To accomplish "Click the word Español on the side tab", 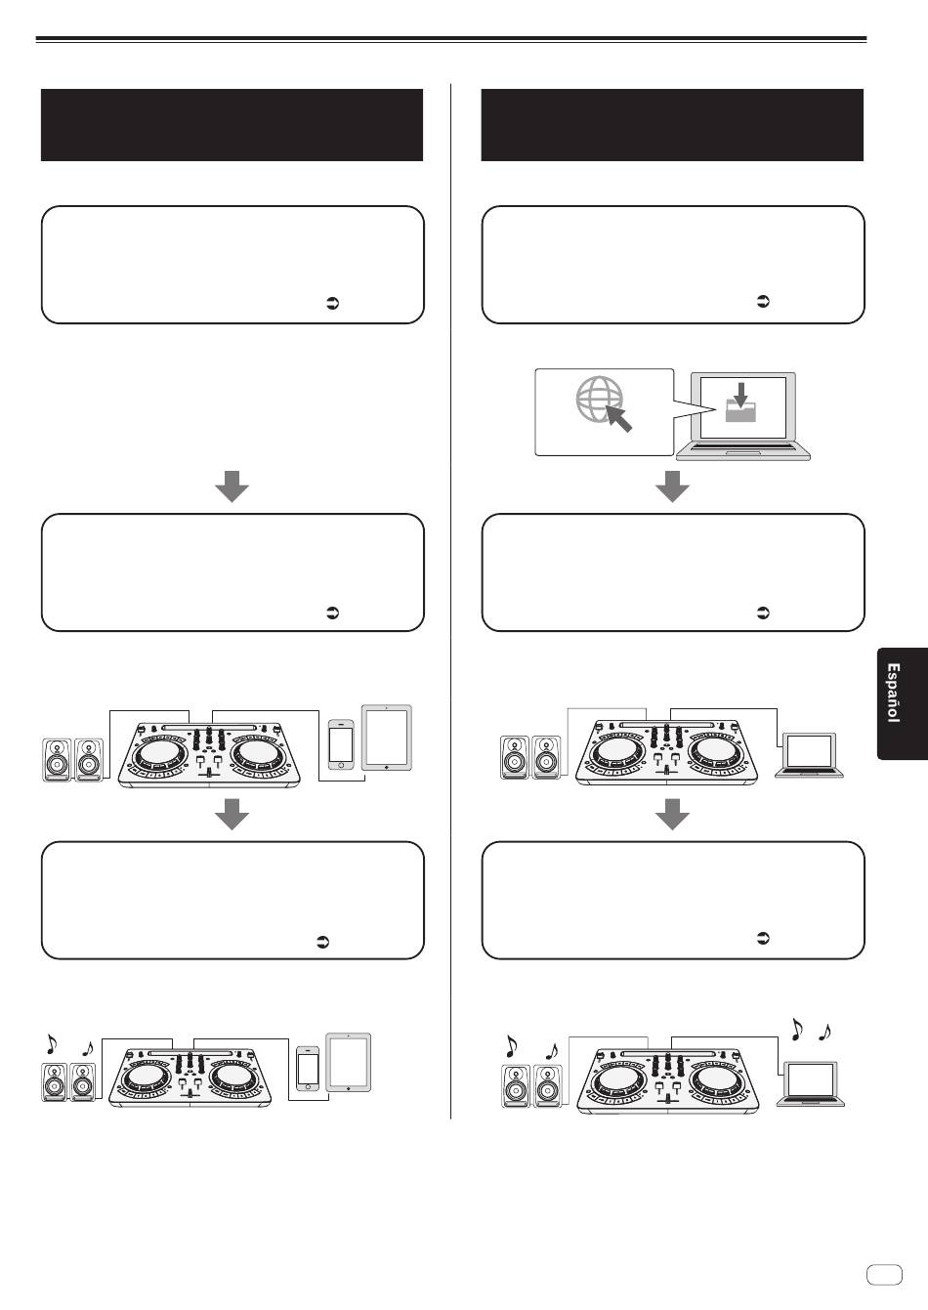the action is (893, 693).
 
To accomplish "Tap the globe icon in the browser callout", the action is (600, 400).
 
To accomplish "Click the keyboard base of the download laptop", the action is (743, 451).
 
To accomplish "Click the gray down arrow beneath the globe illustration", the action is (672, 486).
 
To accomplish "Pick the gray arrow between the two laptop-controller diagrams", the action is (672, 814).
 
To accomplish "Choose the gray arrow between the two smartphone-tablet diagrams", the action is (232, 814).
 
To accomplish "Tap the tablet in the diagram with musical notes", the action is (348, 1062).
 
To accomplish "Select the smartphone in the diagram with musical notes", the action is (308, 1069).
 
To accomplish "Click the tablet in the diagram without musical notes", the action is (387, 738).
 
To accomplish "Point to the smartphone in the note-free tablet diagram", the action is (341, 744).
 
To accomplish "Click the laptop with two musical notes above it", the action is (811, 1083).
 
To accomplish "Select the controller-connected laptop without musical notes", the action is (809, 755).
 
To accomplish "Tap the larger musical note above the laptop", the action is (796, 1030).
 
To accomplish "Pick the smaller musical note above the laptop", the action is (824, 1033).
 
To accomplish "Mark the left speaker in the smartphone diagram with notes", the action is (55, 1082).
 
